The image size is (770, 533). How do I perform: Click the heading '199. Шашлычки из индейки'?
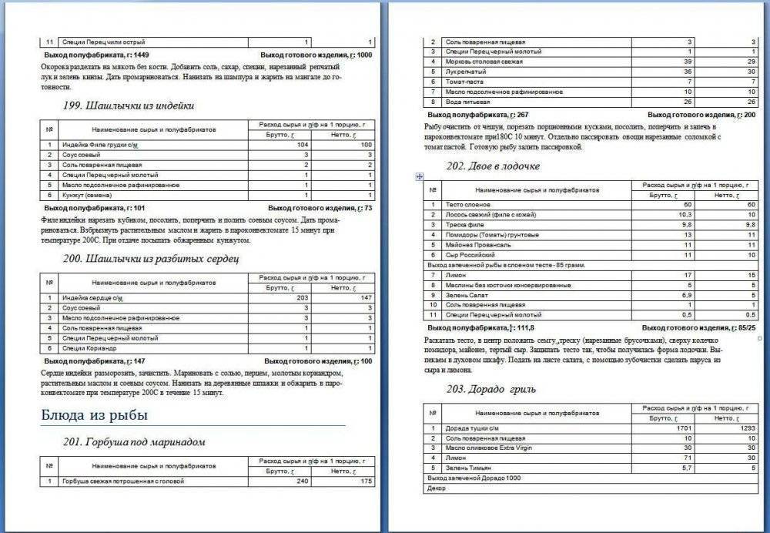(128, 106)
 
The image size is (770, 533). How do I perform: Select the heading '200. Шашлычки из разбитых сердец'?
(152, 258)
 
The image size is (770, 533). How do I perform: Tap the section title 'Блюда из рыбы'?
(94, 415)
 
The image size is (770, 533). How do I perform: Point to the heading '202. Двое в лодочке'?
(493, 166)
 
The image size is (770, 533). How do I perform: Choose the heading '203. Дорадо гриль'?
(490, 389)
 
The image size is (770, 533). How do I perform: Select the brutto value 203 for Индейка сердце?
(301, 297)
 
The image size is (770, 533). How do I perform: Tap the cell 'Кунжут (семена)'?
(79, 195)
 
